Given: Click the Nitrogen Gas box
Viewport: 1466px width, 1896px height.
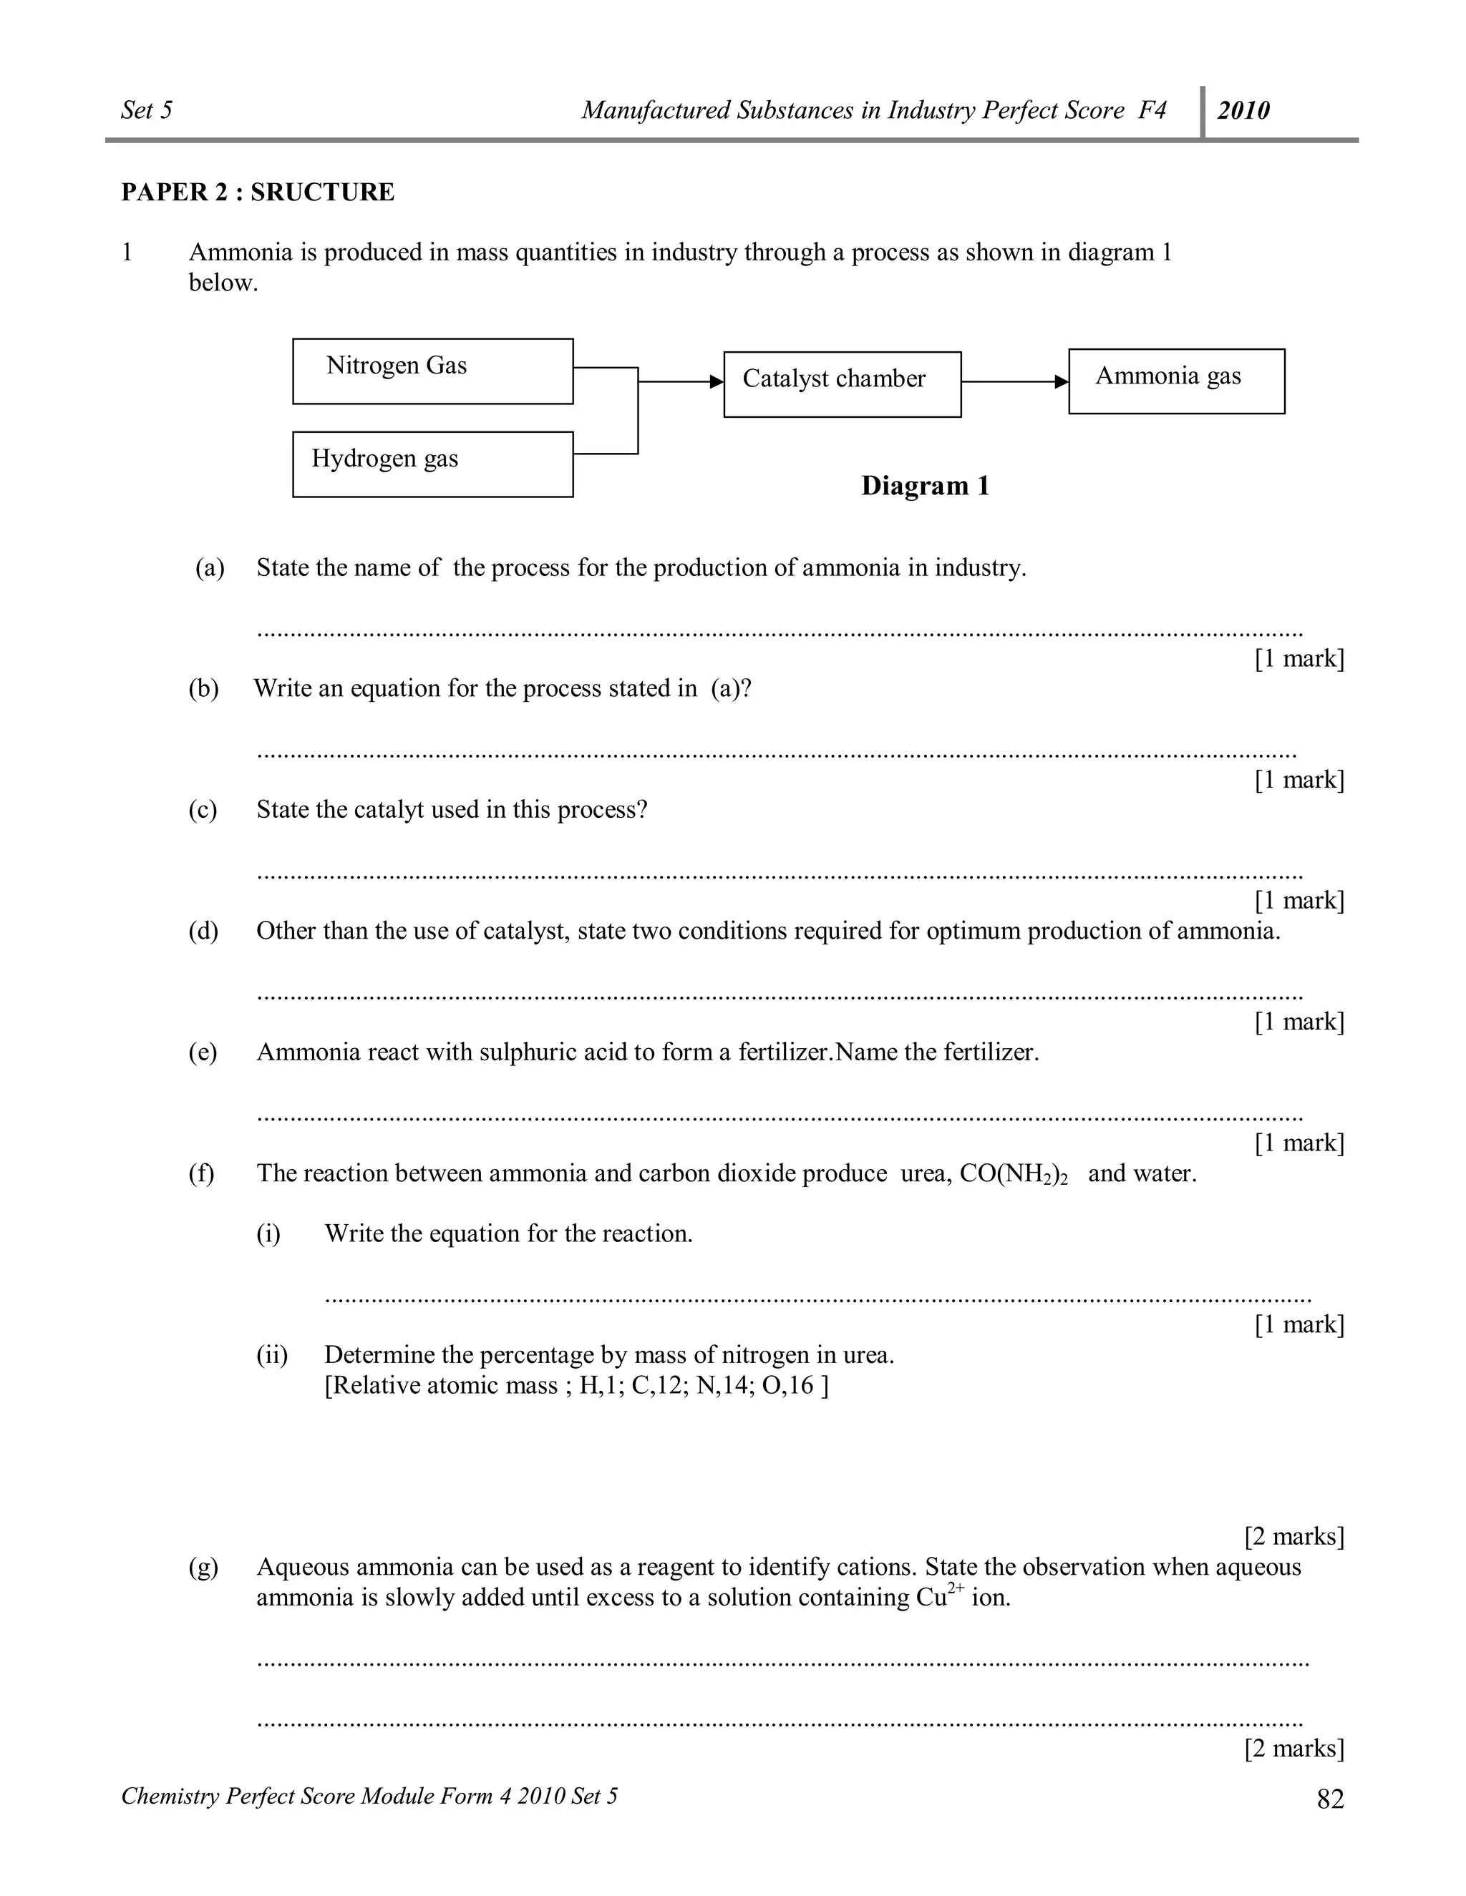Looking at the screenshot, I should coord(432,371).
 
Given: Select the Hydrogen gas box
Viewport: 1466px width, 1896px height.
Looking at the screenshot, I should coord(432,464).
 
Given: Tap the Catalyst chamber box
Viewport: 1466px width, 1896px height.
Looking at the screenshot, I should coord(842,383).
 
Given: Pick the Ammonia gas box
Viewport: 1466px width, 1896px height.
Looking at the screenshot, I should coord(1176,381).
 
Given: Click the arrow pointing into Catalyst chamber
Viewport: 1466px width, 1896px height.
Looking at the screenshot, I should coord(681,382).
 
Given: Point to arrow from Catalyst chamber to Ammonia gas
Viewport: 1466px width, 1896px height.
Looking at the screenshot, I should coord(1014,382).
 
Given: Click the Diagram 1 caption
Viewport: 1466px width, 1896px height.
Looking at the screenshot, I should coord(925,486).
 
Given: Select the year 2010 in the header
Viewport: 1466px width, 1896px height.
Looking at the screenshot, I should coord(1243,110).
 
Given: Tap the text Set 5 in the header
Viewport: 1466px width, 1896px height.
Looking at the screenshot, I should coord(147,110).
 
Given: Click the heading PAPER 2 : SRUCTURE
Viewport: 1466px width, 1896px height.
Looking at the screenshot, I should coord(257,192).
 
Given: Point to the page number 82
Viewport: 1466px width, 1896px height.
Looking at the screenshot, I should coord(1330,1799).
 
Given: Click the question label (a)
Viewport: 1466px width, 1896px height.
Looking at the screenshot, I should coord(209,568).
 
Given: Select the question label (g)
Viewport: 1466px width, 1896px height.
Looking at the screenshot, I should coord(203,1566).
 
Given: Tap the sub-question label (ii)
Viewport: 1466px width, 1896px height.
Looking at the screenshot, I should coord(271,1354).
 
